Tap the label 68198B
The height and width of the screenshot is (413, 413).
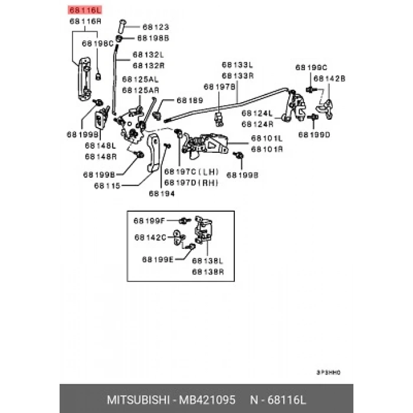(153, 38)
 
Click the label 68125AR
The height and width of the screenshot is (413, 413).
(140, 90)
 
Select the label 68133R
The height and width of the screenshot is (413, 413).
(237, 76)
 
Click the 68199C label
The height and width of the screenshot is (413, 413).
(311, 67)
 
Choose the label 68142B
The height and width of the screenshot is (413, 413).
(329, 78)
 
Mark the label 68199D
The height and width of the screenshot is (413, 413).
(314, 135)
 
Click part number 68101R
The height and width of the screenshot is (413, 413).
(267, 149)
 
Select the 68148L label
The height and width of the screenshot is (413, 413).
(100, 145)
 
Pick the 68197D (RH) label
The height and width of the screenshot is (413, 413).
(191, 182)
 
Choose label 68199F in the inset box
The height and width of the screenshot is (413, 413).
(149, 221)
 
